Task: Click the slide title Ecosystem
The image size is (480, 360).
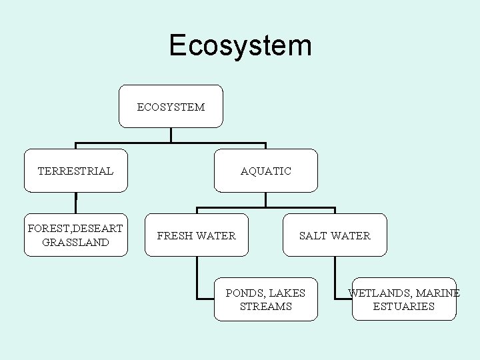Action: coord(240,45)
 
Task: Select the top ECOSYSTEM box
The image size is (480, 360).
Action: coord(171,107)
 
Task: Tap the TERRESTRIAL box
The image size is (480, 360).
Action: coord(75,171)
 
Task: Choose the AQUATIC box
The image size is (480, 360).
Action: coord(266,171)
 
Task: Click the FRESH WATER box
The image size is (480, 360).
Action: coord(197,235)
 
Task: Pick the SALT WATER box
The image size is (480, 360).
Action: coord(335,235)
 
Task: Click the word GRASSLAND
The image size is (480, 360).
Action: coord(75,243)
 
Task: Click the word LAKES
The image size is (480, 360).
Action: coord(287,293)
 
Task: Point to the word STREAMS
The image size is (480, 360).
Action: coord(266,307)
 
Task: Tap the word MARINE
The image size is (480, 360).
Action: coord(438,293)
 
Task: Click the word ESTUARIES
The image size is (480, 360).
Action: coord(404,307)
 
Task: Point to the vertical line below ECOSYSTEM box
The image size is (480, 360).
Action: coord(171,135)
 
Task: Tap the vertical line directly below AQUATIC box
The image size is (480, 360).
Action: coord(265,199)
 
